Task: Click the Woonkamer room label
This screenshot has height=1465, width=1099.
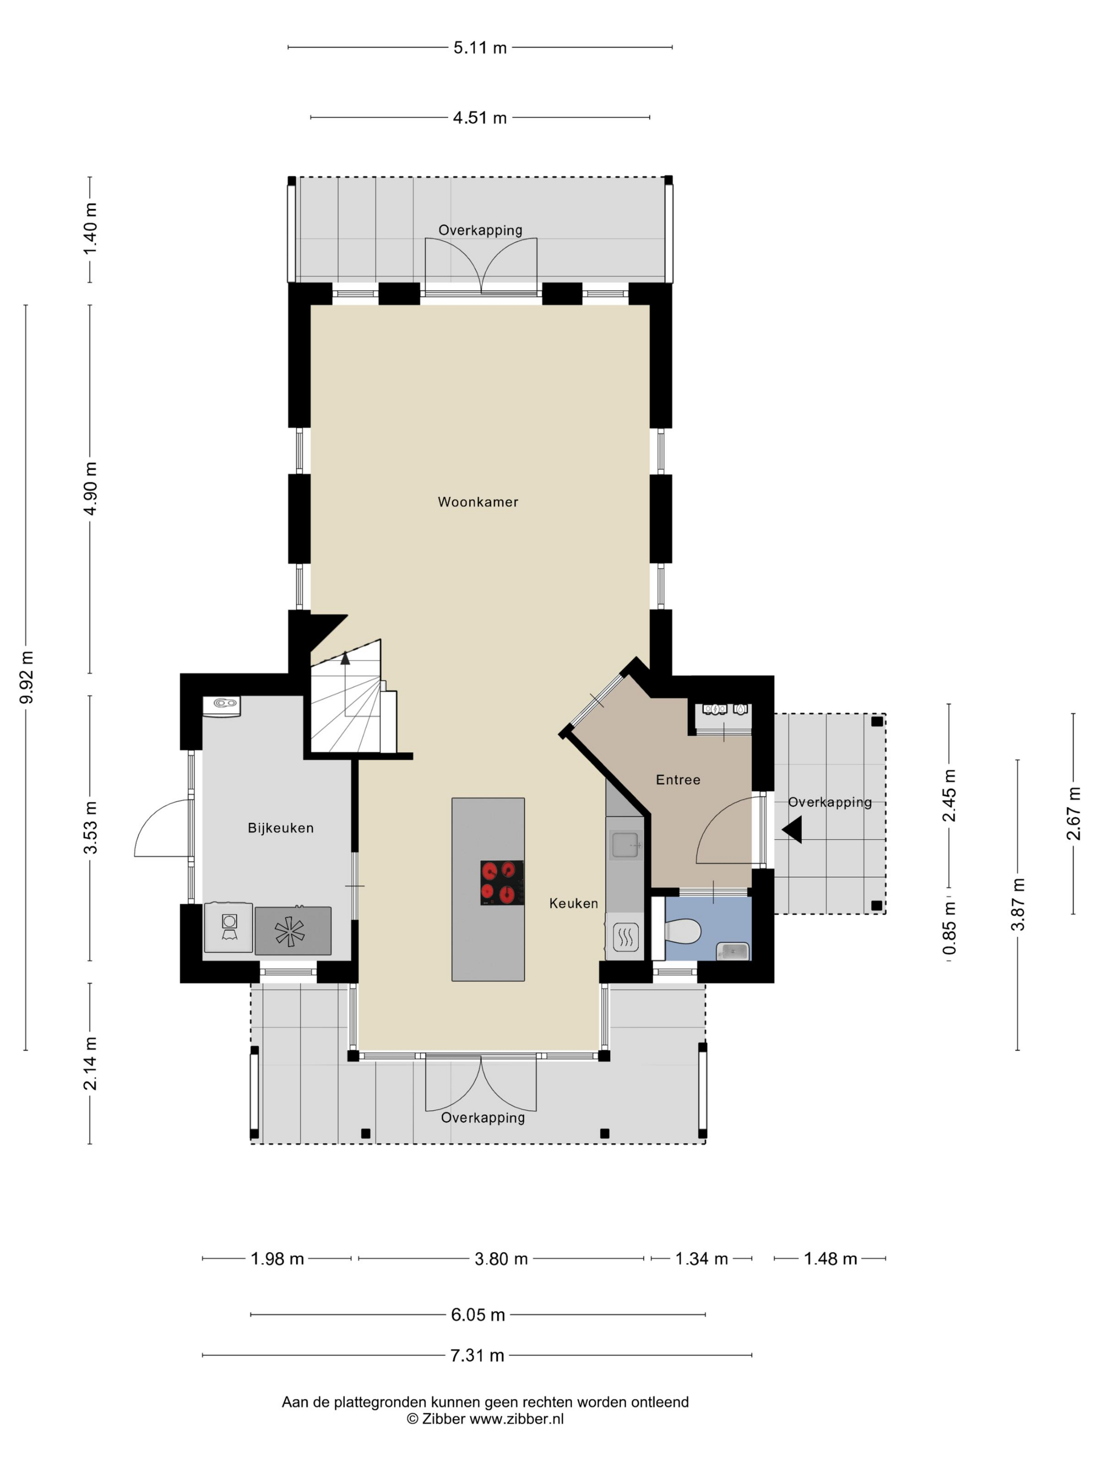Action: [478, 502]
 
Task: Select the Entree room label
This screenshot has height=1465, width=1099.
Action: [678, 780]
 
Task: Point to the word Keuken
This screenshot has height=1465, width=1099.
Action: [574, 904]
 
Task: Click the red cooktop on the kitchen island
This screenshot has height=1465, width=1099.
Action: [502, 883]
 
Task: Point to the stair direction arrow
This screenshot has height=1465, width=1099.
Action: [344, 658]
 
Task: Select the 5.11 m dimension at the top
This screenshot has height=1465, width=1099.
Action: [479, 48]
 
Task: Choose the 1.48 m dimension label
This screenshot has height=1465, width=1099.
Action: [830, 1259]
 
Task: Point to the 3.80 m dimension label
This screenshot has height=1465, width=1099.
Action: [501, 1259]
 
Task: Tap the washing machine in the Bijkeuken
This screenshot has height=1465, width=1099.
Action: [229, 928]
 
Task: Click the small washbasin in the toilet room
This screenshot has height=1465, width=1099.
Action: [733, 951]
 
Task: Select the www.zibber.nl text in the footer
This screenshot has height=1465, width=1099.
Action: [517, 1419]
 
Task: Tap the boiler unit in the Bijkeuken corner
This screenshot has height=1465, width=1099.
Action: [222, 706]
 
